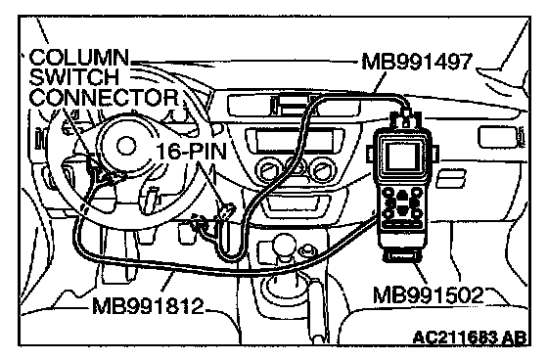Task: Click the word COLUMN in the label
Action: [79, 58]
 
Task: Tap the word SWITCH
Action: [74, 77]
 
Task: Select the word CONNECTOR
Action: [104, 97]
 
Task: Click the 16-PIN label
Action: [191, 152]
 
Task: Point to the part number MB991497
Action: [417, 63]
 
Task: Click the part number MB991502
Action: [429, 295]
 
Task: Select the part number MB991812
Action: [148, 306]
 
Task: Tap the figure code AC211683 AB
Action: [470, 337]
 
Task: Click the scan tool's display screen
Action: [402, 156]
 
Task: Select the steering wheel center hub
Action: [126, 147]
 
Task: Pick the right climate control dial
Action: [324, 170]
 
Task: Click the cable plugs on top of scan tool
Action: [405, 118]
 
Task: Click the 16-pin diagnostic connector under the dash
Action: [226, 210]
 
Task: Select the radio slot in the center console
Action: [295, 140]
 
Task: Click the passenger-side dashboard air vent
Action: [499, 137]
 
